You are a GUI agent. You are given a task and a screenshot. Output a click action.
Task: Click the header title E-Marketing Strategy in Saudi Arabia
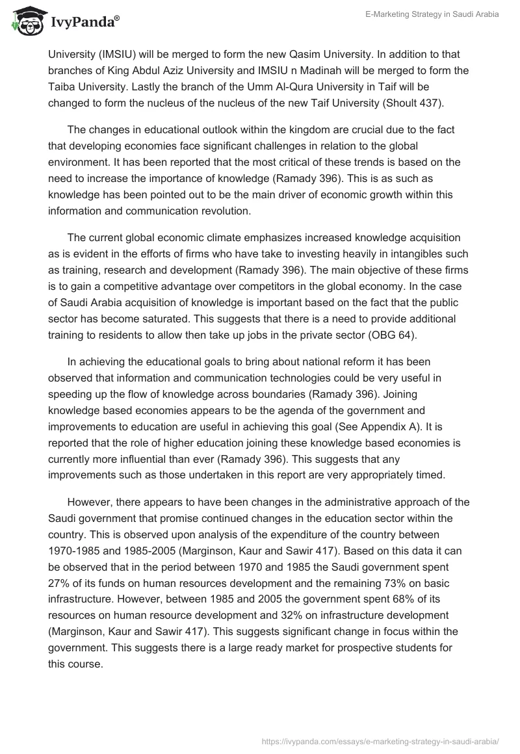[432, 15]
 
